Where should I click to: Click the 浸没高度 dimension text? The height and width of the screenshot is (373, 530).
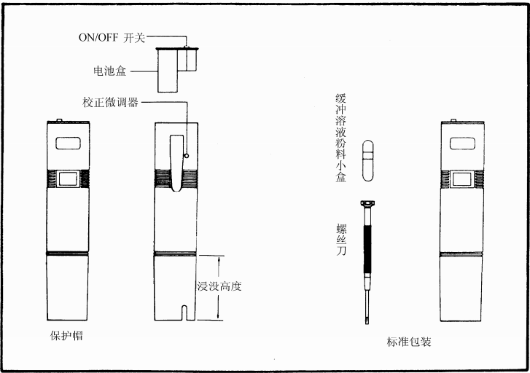point(219,286)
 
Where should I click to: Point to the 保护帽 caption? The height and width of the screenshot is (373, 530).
point(66,337)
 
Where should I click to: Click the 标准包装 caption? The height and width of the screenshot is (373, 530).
point(410,341)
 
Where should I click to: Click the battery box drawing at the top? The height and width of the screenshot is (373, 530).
point(177,69)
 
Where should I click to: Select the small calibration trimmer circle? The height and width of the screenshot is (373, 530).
point(187,154)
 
